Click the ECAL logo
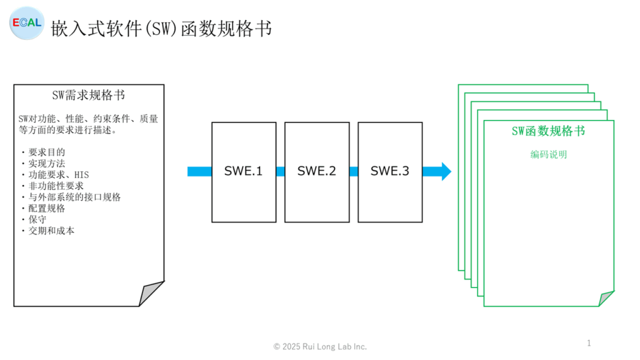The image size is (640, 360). coord(27,23)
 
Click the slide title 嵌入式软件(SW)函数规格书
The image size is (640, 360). coord(161,29)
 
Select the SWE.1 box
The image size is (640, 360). coord(244,172)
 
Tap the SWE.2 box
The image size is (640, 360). coord(317,172)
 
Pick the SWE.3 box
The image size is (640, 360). coord(390,172)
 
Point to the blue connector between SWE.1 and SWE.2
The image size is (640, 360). coord(281,171)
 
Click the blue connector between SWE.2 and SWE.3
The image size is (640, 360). coord(354,171)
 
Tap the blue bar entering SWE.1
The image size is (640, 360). coord(199,171)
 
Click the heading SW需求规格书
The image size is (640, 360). coord(89,95)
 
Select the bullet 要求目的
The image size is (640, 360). coord(46,152)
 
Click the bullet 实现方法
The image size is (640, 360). coord(46,163)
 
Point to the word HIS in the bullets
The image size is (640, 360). coord(81,175)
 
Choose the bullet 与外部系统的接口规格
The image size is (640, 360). coord(74,197)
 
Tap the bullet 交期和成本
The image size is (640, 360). coord(51,231)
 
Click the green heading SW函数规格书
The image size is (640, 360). coord(548,131)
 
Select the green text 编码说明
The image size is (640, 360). coord(549,154)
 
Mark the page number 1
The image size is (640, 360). coord(589,343)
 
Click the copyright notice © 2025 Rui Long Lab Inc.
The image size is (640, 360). coord(320,346)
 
